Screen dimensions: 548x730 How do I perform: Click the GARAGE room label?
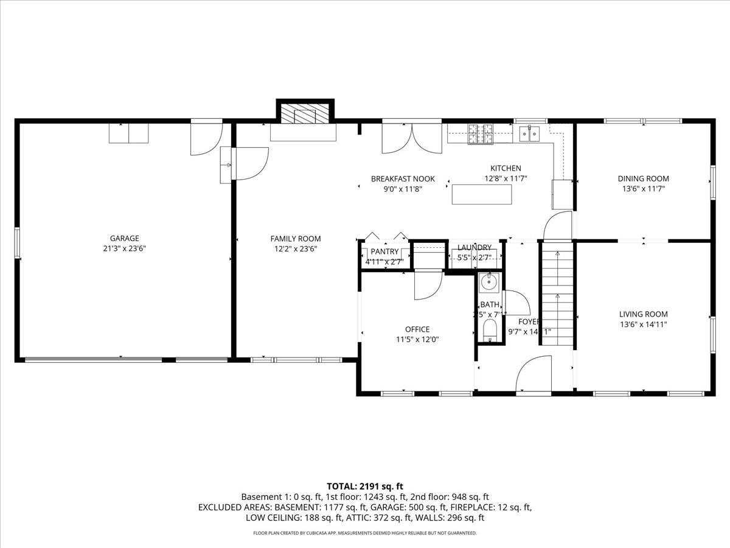pyautogui.click(x=124, y=238)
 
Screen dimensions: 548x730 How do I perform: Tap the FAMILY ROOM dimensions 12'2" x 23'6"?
pyautogui.click(x=295, y=248)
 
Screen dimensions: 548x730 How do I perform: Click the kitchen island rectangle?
pyautogui.click(x=482, y=194)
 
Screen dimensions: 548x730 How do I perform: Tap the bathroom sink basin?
pyautogui.click(x=489, y=283)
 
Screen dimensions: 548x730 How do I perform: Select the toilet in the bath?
pyautogui.click(x=490, y=332)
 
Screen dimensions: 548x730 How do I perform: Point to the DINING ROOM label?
pyautogui.click(x=643, y=178)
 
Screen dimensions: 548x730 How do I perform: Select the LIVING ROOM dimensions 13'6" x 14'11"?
pyautogui.click(x=643, y=324)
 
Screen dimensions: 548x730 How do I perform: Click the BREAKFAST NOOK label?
pyautogui.click(x=403, y=178)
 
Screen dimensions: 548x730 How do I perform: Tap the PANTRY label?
pyautogui.click(x=384, y=251)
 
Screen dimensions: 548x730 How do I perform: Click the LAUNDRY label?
pyautogui.click(x=474, y=247)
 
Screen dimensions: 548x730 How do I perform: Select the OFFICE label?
pyautogui.click(x=417, y=329)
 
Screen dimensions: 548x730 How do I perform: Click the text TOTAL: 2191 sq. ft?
pyautogui.click(x=365, y=486)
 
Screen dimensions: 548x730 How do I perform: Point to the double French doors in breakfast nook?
pyautogui.click(x=411, y=138)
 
